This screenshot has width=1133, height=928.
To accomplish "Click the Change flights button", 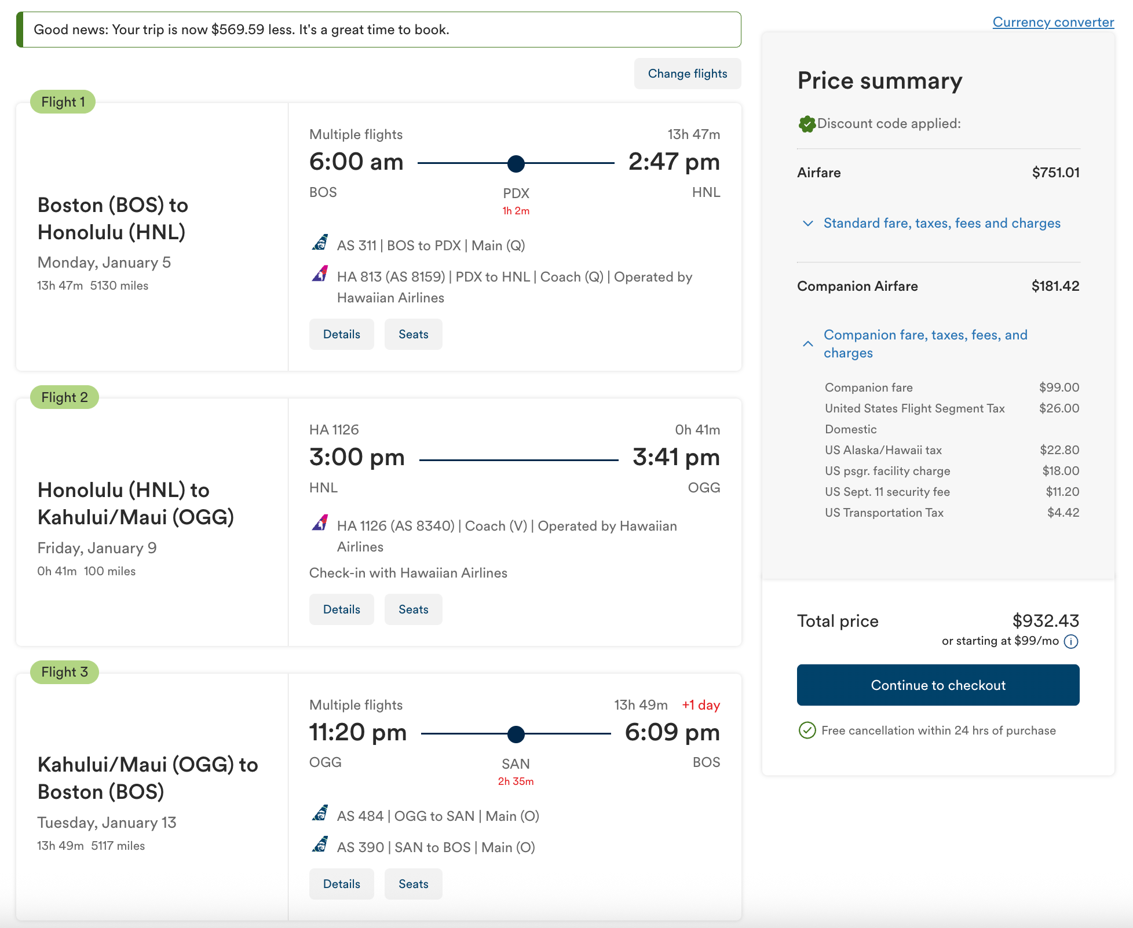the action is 688,74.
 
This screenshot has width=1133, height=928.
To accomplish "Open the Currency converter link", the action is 1053,22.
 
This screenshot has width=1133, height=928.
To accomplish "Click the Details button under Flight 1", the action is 342,334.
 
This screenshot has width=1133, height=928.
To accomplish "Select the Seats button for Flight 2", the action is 414,609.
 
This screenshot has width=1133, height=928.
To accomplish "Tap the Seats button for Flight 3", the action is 414,884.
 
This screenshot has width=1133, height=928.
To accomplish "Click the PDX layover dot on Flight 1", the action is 516,164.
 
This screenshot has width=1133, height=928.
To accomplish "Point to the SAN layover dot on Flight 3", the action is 516,735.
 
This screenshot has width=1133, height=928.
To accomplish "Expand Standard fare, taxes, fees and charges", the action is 942,223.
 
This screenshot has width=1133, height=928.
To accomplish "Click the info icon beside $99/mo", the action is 1072,641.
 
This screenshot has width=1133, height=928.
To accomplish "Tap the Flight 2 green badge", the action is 64,397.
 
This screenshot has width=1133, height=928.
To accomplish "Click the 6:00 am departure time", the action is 356,162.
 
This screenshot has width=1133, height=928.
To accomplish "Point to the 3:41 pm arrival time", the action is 676,457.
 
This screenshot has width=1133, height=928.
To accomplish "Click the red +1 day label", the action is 701,705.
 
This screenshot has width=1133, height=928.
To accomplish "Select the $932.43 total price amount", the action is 1046,621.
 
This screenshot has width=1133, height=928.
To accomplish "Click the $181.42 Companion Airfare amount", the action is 1055,286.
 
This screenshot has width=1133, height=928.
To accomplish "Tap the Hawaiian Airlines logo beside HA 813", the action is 320,273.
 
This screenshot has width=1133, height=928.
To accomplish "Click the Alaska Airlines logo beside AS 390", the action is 320,844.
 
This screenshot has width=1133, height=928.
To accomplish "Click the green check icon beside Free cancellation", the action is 807,730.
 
